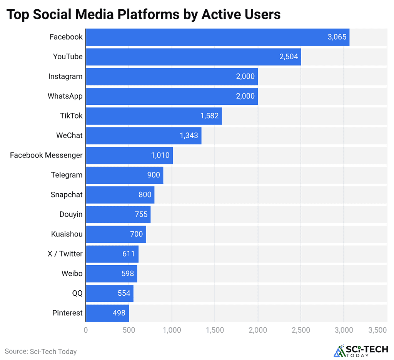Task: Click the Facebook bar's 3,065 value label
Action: [x=337, y=37]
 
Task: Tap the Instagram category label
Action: [x=65, y=76]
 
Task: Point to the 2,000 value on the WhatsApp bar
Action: [x=245, y=96]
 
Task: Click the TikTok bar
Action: [x=154, y=116]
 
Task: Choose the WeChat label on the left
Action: [x=69, y=136]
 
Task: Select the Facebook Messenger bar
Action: [x=129, y=155]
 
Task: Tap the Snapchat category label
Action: [x=67, y=194]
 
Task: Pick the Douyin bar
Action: [x=118, y=214]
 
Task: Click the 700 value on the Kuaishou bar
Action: [x=136, y=234]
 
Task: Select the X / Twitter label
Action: [x=65, y=254]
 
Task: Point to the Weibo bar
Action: [x=111, y=273]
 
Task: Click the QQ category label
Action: [x=77, y=293]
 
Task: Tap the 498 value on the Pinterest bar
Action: [x=119, y=313]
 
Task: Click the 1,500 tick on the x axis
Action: [x=215, y=330]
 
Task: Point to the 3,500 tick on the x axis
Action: [x=378, y=330]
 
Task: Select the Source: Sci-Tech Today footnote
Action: [x=41, y=352]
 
